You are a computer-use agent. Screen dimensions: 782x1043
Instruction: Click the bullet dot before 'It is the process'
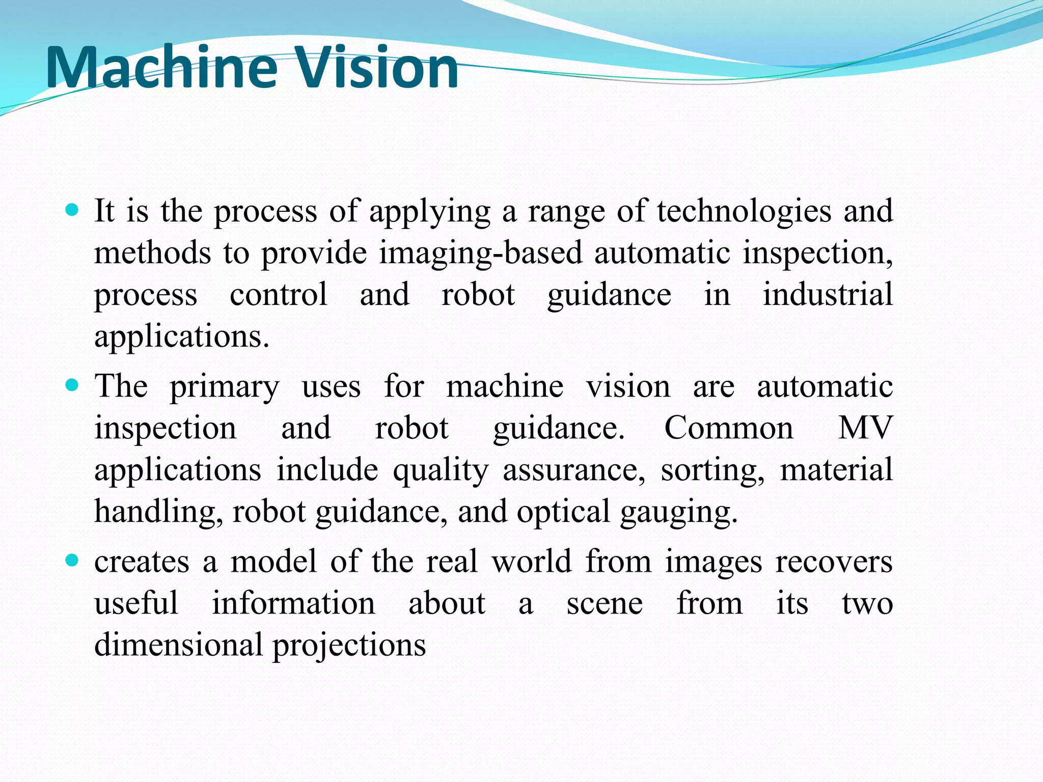[x=72, y=209]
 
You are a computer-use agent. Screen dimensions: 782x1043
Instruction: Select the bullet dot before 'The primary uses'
[x=72, y=385]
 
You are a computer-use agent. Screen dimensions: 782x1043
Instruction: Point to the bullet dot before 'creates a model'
[x=72, y=561]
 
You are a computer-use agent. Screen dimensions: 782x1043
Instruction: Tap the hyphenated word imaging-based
[x=480, y=253]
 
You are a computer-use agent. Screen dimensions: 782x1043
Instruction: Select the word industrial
[x=828, y=295]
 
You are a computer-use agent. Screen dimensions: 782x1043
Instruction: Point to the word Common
[x=729, y=428]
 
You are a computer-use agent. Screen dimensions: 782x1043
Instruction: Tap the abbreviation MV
[x=865, y=428]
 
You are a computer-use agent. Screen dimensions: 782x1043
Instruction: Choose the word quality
[x=441, y=471]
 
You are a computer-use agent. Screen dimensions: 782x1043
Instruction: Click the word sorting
[x=712, y=471]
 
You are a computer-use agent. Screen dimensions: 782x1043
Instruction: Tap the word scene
[x=605, y=604]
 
